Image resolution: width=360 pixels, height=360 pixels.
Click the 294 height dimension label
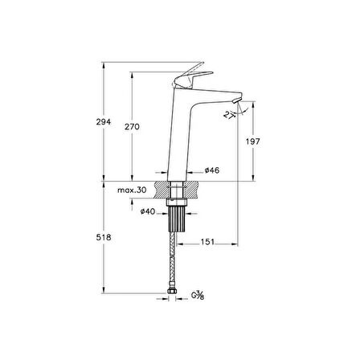coord(104,122)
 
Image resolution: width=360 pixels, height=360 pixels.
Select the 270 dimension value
coord(132,127)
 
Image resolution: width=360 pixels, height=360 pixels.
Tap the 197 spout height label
coord(253,141)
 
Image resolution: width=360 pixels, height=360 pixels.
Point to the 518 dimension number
coord(104,237)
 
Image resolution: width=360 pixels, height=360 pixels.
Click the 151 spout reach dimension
coord(207,242)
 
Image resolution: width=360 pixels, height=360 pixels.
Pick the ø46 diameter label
coord(212,170)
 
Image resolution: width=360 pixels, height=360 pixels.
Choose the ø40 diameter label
coord(148,211)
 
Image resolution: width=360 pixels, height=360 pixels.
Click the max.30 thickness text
coord(132,190)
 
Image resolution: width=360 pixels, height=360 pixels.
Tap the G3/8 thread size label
coord(198,295)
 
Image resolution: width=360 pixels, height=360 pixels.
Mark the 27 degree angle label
coord(228,115)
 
